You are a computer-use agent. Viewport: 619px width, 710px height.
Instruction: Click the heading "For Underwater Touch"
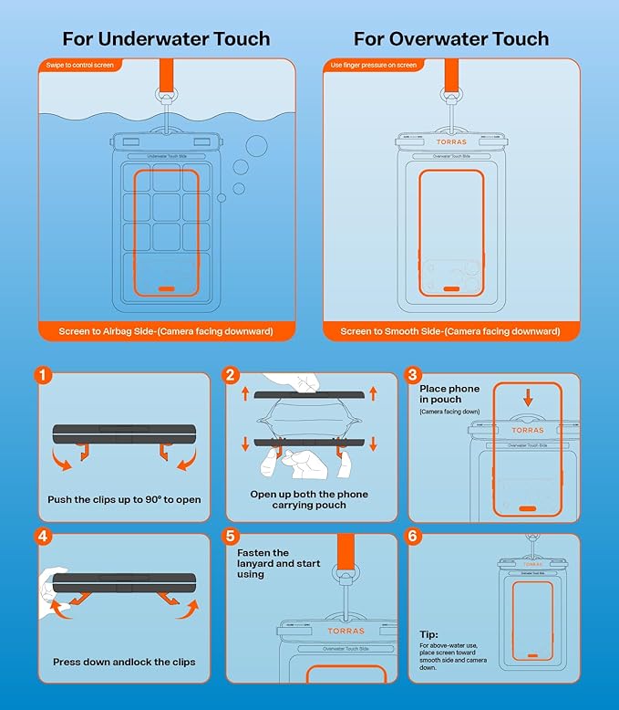click(x=166, y=38)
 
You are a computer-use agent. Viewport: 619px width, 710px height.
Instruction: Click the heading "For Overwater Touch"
click(x=451, y=38)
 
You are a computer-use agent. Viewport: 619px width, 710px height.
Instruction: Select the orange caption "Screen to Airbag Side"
click(x=166, y=331)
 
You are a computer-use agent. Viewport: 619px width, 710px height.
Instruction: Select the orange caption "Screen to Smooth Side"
click(x=451, y=331)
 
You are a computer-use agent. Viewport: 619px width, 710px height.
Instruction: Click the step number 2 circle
click(x=232, y=375)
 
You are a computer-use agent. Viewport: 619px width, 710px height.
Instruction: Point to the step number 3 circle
click(x=413, y=375)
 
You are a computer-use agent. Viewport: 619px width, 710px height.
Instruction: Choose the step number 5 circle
click(x=232, y=537)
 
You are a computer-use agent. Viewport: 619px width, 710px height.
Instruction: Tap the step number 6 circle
click(x=413, y=537)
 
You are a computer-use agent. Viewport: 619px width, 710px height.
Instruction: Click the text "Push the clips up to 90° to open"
click(x=124, y=500)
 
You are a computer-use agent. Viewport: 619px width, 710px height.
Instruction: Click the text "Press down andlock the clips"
click(x=125, y=662)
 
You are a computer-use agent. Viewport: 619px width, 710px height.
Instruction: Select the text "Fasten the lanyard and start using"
click(x=263, y=563)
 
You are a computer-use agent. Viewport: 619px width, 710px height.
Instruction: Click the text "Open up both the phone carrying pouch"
click(x=309, y=500)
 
